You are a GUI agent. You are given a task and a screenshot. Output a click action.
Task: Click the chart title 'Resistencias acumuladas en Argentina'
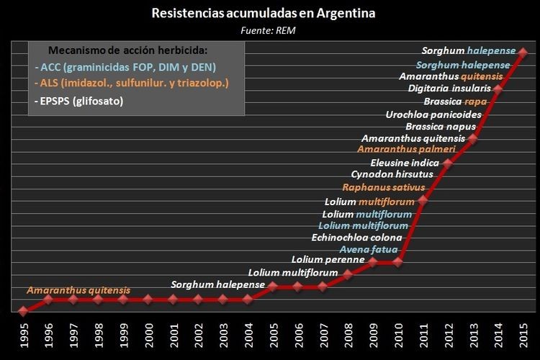[264, 13]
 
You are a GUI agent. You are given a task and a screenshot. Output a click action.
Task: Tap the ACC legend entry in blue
[125, 67]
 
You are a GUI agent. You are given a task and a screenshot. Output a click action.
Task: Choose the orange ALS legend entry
[131, 84]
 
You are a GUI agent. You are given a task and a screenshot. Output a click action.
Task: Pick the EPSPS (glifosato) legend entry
[78, 101]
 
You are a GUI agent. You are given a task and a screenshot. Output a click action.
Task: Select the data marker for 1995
[23, 311]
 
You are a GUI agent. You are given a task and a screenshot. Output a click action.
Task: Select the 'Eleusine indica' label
[405, 162]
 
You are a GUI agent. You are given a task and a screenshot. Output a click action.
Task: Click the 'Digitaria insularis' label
[449, 89]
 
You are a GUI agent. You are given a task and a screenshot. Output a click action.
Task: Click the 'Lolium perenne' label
[328, 259]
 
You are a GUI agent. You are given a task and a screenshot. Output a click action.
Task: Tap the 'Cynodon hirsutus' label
[392, 174]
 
